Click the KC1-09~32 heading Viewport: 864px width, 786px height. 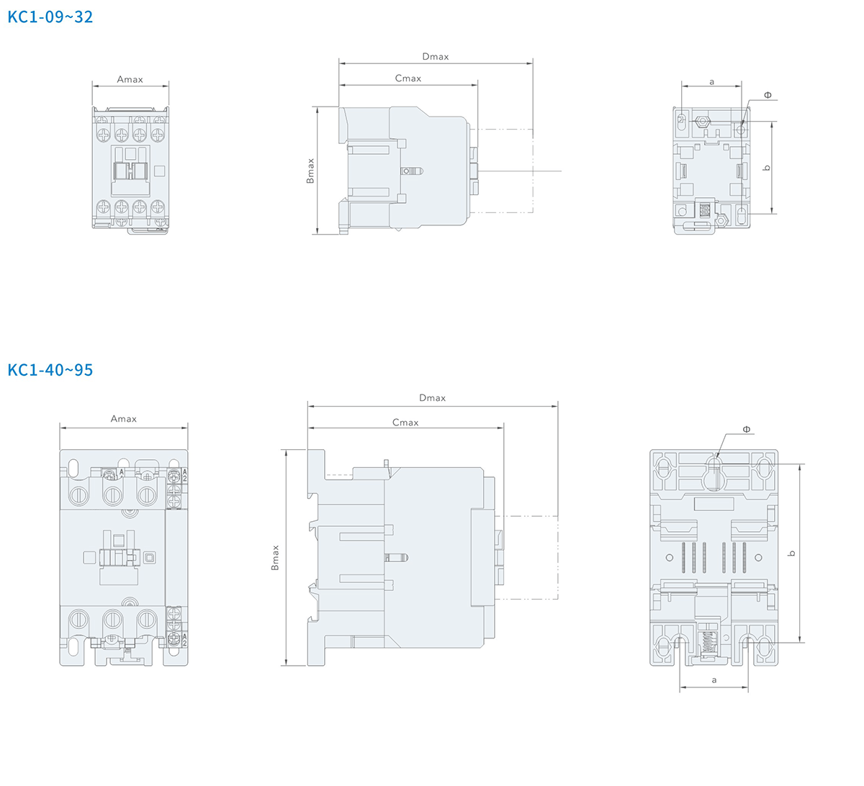click(x=50, y=17)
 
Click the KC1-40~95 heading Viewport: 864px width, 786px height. click(x=50, y=370)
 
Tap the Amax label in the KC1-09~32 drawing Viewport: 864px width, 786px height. click(x=130, y=79)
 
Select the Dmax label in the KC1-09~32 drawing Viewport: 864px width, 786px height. click(x=435, y=56)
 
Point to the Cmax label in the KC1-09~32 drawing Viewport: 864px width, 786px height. click(x=408, y=78)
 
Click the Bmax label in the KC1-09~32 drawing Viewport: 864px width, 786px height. click(x=310, y=171)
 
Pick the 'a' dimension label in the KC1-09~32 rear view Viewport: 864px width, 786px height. click(x=711, y=81)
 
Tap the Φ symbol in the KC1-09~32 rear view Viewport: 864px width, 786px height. click(x=768, y=95)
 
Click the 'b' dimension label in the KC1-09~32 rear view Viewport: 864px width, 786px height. click(x=766, y=168)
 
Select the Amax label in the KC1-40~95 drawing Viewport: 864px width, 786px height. click(x=124, y=419)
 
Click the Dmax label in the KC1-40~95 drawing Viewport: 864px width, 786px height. click(x=433, y=397)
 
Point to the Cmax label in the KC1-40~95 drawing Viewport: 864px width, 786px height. click(x=405, y=423)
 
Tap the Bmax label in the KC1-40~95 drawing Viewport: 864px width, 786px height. click(x=275, y=557)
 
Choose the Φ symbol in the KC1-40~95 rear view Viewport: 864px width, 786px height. click(x=747, y=429)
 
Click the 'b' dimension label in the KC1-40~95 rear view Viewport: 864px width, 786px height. click(x=791, y=554)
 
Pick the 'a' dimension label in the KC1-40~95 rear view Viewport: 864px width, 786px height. click(x=714, y=680)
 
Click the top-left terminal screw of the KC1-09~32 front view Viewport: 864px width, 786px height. click(x=104, y=135)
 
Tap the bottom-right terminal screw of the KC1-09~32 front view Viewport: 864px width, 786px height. click(x=158, y=207)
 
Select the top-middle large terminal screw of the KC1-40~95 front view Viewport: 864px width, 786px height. click(x=112, y=495)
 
